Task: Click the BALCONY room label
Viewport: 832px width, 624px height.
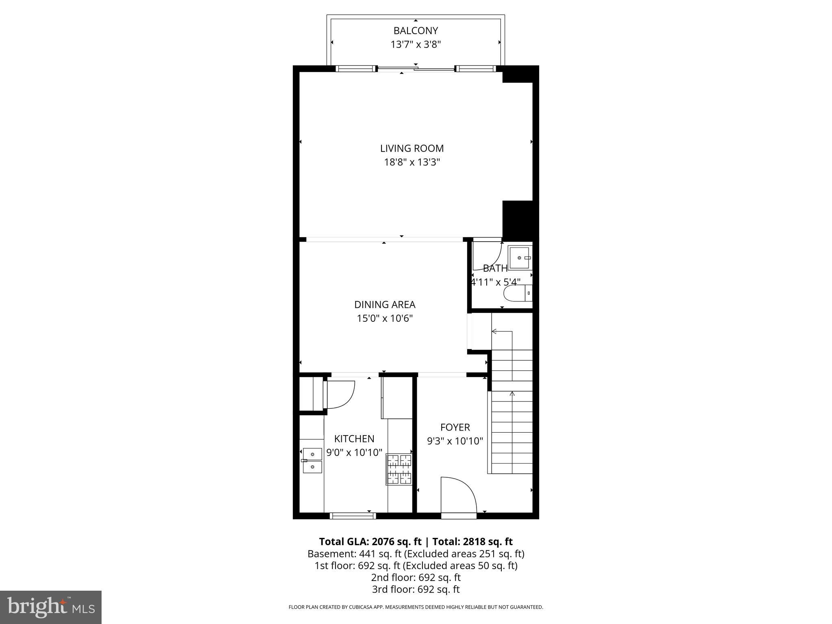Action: pyautogui.click(x=416, y=30)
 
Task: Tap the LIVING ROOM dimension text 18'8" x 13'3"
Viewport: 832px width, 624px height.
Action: pyautogui.click(x=412, y=162)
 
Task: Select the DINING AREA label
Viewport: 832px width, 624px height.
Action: pyautogui.click(x=385, y=305)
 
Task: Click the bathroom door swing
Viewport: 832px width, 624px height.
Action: pyautogui.click(x=487, y=256)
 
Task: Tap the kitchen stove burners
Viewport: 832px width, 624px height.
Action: pyautogui.click(x=399, y=470)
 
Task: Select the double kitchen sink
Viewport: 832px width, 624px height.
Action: pyautogui.click(x=312, y=460)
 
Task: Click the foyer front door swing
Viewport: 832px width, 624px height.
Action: pyautogui.click(x=458, y=496)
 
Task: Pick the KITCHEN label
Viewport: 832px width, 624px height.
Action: pyautogui.click(x=354, y=439)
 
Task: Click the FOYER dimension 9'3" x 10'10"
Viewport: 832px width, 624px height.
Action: pyautogui.click(x=455, y=441)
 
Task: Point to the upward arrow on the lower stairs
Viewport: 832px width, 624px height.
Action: pyautogui.click(x=512, y=394)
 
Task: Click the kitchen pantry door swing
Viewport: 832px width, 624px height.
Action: pyautogui.click(x=340, y=394)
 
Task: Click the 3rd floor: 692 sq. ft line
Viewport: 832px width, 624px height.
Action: pyautogui.click(x=416, y=589)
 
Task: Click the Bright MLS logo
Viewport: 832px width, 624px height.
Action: pyautogui.click(x=51, y=607)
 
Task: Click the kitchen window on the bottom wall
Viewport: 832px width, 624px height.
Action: pyautogui.click(x=353, y=516)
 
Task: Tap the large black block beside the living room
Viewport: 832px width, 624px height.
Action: pyautogui.click(x=520, y=219)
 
